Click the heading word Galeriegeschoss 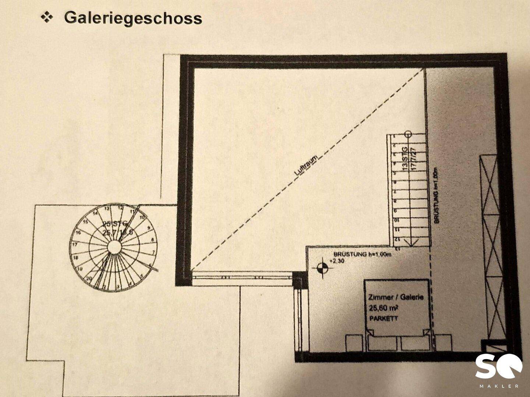133,18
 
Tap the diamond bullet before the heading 47,17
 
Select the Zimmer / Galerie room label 396,297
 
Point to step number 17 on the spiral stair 74,244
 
